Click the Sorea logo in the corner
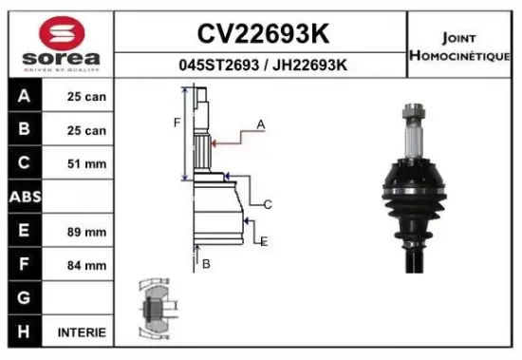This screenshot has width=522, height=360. click(58, 42)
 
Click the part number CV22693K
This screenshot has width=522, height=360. click(263, 34)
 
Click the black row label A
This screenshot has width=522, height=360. click(23, 97)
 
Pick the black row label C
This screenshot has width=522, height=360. click(23, 163)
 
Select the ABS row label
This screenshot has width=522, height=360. click(23, 197)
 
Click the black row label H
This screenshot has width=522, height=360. click(23, 332)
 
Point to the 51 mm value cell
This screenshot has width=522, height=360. click(86, 164)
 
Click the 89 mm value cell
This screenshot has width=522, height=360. click(86, 232)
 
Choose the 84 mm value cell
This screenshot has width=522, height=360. click(86, 266)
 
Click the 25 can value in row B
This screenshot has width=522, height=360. click(86, 130)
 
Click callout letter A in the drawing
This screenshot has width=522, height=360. click(261, 124)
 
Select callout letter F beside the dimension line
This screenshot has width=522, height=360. click(176, 123)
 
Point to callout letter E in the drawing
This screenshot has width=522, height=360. click(265, 241)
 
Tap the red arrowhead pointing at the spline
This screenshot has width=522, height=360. click(215, 142)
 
